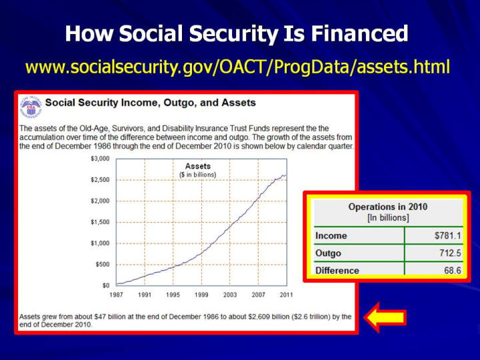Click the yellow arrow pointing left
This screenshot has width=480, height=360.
click(385, 317)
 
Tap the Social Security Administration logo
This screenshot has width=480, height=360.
click(31, 107)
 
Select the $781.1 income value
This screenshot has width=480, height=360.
click(447, 235)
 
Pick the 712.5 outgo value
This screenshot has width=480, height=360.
click(449, 253)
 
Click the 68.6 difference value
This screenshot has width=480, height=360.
click(453, 270)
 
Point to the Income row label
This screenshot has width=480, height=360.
click(331, 236)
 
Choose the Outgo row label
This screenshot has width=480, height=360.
click(328, 253)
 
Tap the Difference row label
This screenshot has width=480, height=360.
click(337, 271)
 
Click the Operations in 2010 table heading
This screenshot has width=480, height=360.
click(388, 207)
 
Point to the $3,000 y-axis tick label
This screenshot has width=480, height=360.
click(100, 159)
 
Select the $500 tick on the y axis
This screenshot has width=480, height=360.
click(102, 264)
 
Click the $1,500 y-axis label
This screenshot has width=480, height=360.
click(100, 222)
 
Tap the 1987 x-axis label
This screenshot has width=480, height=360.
click(116, 295)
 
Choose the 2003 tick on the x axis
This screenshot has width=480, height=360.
click(230, 295)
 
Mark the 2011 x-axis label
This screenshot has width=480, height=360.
click(287, 295)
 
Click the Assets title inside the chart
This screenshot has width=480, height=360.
click(198, 166)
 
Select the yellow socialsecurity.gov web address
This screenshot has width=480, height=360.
click(237, 67)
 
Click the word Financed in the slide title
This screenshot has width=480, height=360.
click(360, 33)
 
